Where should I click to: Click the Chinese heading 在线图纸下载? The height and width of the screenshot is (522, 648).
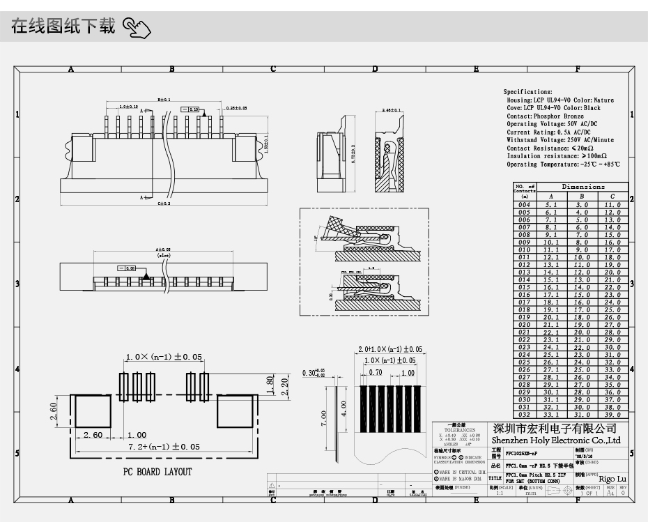pyautogui.click(x=63, y=28)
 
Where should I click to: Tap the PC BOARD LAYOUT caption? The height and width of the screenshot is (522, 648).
pyautogui.click(x=157, y=472)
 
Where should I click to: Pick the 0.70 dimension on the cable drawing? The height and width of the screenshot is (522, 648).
pyautogui.click(x=376, y=373)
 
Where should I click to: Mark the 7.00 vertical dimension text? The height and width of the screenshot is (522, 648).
pyautogui.click(x=324, y=419)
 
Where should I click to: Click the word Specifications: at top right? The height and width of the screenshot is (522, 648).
pyautogui.click(x=527, y=92)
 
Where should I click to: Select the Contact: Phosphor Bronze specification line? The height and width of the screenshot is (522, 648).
pyautogui.click(x=545, y=116)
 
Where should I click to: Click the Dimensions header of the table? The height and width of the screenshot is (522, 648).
pyautogui.click(x=583, y=187)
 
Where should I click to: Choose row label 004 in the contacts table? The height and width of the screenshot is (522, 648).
pyautogui.click(x=524, y=205)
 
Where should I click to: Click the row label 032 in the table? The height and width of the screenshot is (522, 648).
pyautogui.click(x=524, y=415)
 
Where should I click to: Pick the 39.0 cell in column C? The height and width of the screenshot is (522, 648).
pyautogui.click(x=612, y=415)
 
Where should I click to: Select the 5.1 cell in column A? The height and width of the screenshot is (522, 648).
pyautogui.click(x=550, y=205)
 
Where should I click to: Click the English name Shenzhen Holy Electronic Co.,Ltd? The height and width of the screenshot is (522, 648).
pyautogui.click(x=555, y=440)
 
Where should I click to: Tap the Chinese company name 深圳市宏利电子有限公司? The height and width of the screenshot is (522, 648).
pyautogui.click(x=555, y=428)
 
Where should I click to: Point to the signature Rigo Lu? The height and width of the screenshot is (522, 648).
pyautogui.click(x=612, y=479)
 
